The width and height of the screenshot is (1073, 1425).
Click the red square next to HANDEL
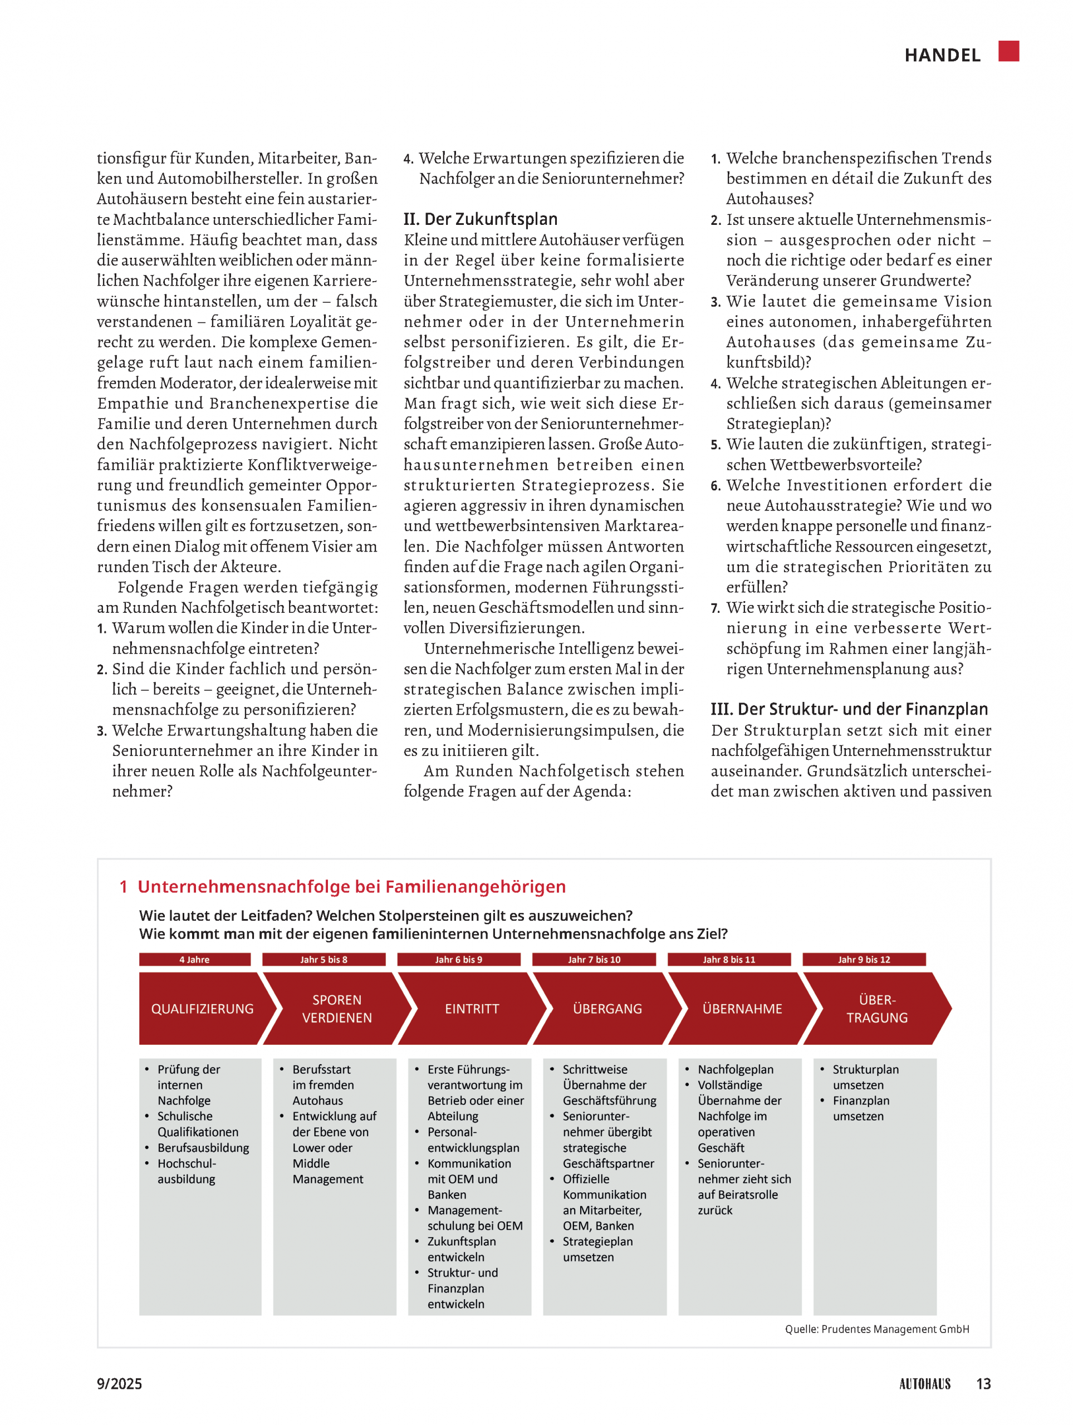[x=1008, y=51]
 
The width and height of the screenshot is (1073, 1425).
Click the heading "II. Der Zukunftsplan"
[x=480, y=219]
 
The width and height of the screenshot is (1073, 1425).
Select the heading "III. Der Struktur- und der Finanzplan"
[x=849, y=709]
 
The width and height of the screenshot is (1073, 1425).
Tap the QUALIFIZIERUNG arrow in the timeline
[x=202, y=1009]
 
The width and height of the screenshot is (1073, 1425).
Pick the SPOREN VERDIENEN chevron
[x=336, y=1009]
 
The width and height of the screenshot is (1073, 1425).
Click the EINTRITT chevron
[x=472, y=1009]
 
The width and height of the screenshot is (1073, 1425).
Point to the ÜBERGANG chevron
[x=607, y=1009]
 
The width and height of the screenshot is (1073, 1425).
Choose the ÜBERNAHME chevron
[x=742, y=1009]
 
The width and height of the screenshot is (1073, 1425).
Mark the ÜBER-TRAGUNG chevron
[x=876, y=1009]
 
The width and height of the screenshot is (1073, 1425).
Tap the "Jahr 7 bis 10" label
[x=594, y=960]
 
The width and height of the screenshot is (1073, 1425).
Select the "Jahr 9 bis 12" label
[x=864, y=960]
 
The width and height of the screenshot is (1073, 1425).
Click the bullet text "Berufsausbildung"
[x=203, y=1148]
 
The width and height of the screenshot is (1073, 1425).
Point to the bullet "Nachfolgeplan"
[x=736, y=1069]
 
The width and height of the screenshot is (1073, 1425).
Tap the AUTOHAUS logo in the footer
[x=924, y=1384]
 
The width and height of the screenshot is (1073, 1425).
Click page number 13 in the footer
[x=983, y=1384]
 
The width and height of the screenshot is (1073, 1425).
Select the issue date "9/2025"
[x=119, y=1384]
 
